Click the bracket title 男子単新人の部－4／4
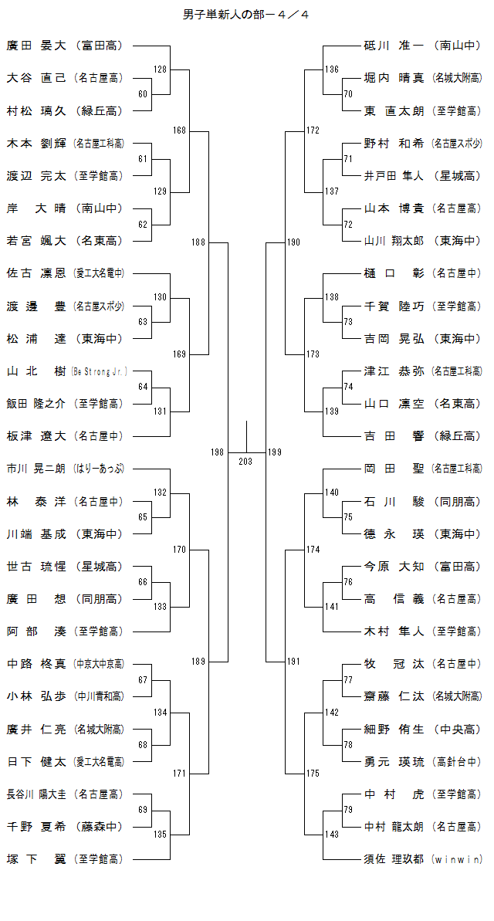pyautogui.click(x=246, y=15)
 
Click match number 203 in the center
pyautogui.click(x=245, y=461)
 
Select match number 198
pyautogui.click(x=218, y=452)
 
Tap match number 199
pyautogui.click(x=275, y=452)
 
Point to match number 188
pyautogui.click(x=198, y=242)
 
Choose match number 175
pyautogui.click(x=313, y=773)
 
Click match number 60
pyautogui.click(x=143, y=94)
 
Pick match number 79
pyautogui.click(x=348, y=809)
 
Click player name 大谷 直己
pyautogui.click(x=36, y=78)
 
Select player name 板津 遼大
pyautogui.click(x=36, y=436)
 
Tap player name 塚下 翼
pyautogui.click(x=36, y=858)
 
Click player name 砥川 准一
pyautogui.click(x=394, y=46)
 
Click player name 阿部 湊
pyautogui.click(x=36, y=631)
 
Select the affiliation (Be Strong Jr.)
pyautogui.click(x=100, y=371)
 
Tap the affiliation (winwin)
pyautogui.click(x=457, y=859)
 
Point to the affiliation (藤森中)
pyautogui.click(x=100, y=827)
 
